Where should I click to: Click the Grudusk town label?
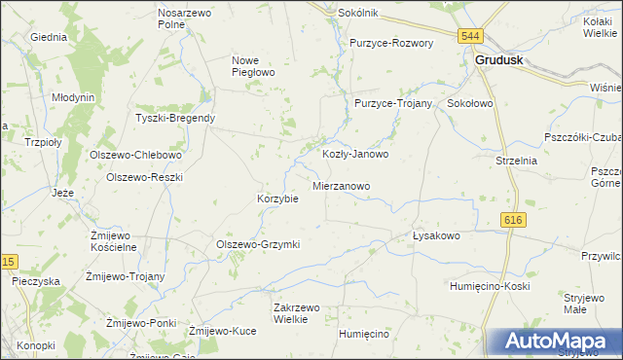click(x=500, y=59)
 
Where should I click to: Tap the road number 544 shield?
click(x=471, y=36)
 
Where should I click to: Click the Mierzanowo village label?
click(x=341, y=184)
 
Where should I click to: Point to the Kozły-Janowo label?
click(x=355, y=154)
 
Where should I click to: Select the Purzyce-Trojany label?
click(x=393, y=103)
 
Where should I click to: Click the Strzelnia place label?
click(x=516, y=161)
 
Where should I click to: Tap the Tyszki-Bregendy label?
click(x=175, y=119)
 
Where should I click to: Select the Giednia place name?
click(x=49, y=37)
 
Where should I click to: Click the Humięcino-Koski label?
click(x=489, y=286)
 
